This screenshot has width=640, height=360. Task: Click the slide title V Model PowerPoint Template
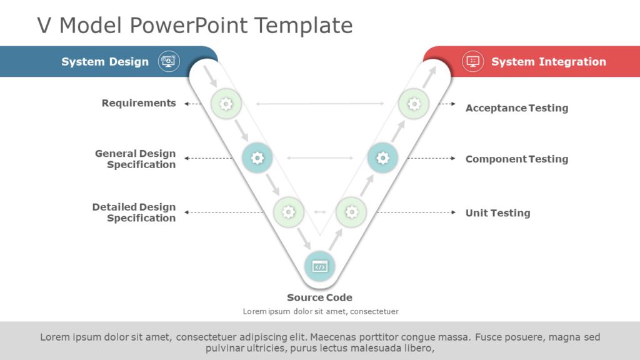tap(194, 26)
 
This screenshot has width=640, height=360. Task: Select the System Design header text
tap(105, 62)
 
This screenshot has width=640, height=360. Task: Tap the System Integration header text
tap(548, 62)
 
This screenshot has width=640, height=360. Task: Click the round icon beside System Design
tap(169, 61)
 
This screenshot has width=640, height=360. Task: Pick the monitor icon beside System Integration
tap(472, 61)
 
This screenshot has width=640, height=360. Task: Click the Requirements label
tap(139, 103)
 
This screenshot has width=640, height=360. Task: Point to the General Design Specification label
tap(136, 159)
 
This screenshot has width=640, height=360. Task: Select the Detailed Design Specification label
tap(134, 212)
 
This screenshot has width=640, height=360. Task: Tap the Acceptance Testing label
tap(516, 108)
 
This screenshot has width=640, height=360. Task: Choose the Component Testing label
tap(516, 159)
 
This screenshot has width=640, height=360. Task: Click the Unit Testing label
tap(497, 213)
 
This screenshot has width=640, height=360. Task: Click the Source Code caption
tap(319, 297)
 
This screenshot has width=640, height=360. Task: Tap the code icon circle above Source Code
tap(319, 266)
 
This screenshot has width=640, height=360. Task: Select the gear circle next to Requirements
tap(226, 104)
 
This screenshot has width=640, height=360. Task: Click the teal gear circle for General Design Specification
tap(257, 158)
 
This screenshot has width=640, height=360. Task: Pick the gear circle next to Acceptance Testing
tap(414, 104)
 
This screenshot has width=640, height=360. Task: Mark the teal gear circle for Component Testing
tap(382, 158)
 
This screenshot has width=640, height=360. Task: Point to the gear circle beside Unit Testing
tap(351, 212)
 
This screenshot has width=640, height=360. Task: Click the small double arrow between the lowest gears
tap(320, 212)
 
